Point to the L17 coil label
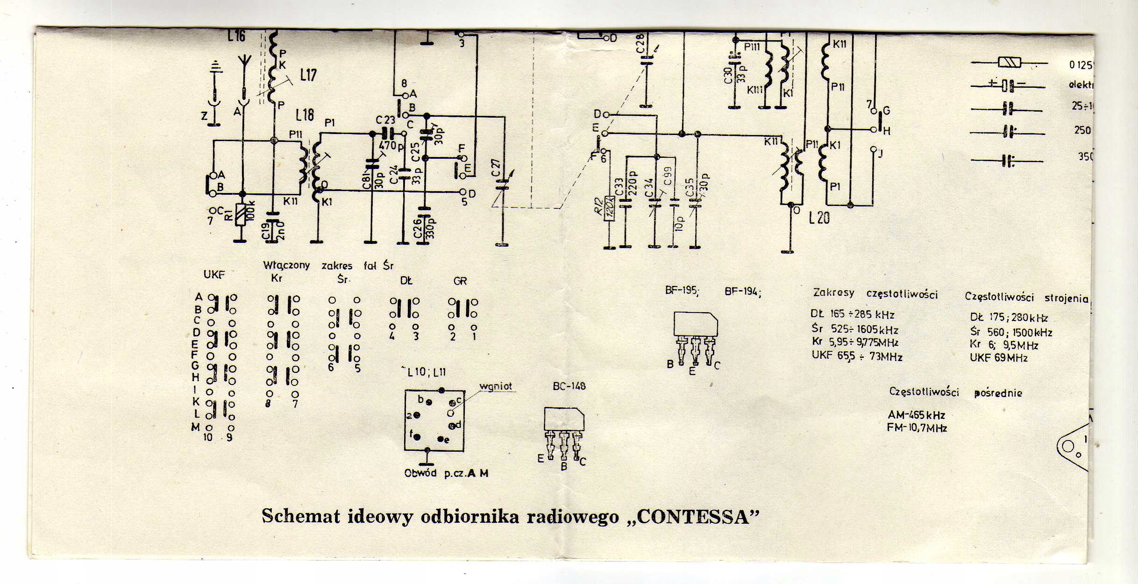coord(308,75)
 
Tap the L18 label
coord(305,115)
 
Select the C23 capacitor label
coord(385,121)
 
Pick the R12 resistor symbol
coord(610,208)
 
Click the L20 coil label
coord(819,218)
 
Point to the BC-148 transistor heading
coord(569,386)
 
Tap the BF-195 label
coord(682,291)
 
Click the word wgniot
coord(496,386)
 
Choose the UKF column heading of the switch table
coord(214,275)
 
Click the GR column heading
coord(460,281)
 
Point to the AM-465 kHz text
coord(916,415)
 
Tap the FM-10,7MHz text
coord(917,428)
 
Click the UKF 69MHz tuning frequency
coord(998,358)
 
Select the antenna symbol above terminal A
coord(244,63)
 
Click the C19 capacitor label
coord(266,231)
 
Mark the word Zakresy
coord(833,293)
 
